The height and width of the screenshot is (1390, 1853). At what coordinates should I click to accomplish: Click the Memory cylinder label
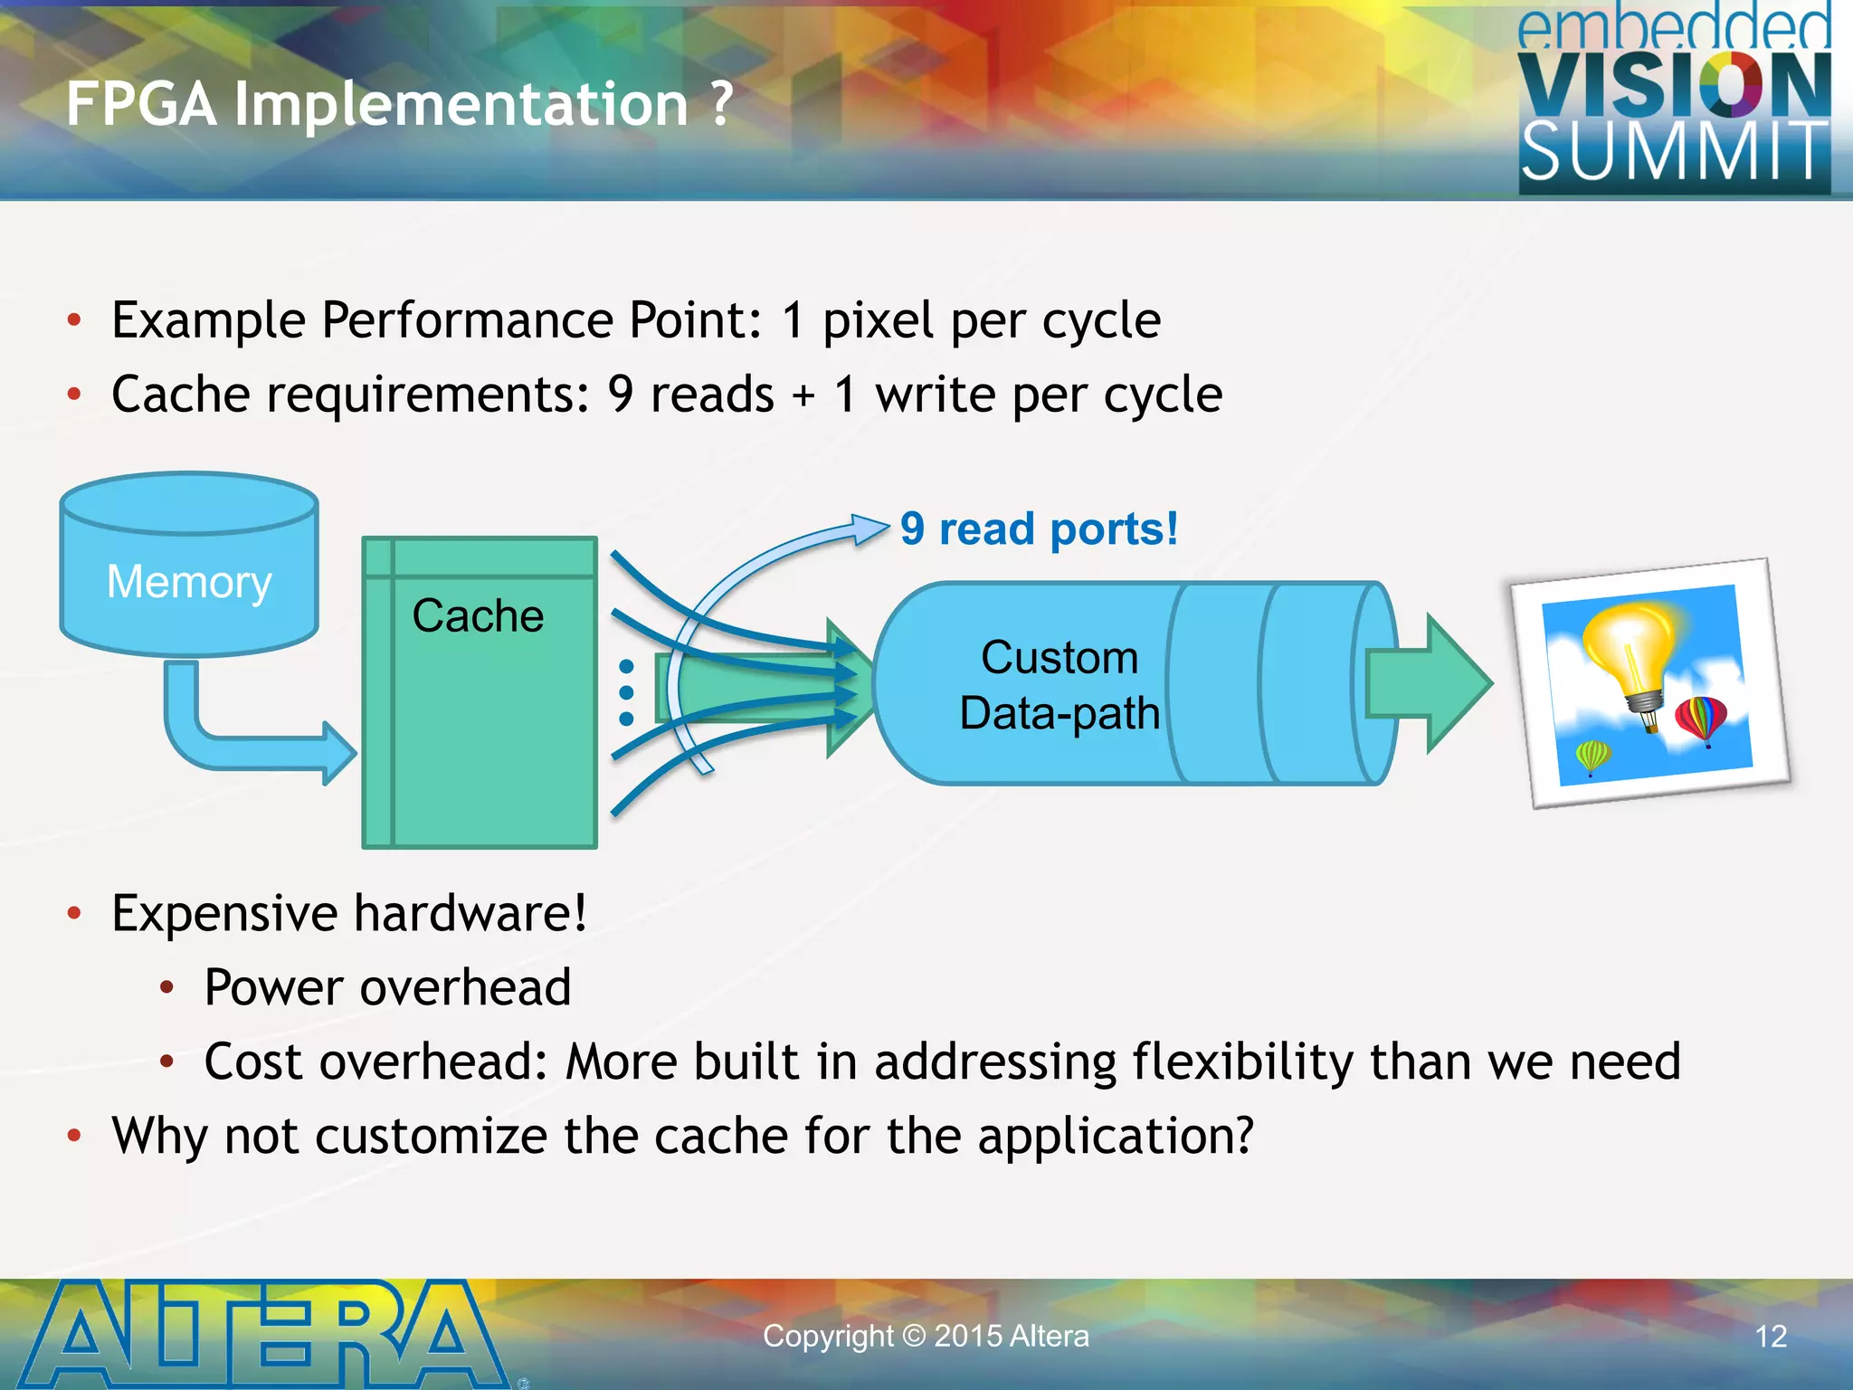coord(188,582)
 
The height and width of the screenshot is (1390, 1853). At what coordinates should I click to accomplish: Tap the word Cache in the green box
coord(478,616)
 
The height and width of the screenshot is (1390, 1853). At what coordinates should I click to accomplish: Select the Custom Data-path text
coord(1059,685)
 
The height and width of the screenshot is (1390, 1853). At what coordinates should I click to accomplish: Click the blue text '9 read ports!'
coord(1039,529)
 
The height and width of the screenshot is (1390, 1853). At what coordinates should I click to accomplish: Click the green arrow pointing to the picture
coord(1430,683)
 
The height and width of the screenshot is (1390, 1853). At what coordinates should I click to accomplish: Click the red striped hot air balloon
coord(1701,719)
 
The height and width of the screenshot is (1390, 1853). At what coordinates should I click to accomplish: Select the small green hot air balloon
coord(1592,756)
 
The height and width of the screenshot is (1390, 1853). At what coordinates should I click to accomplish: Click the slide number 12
coord(1771,1337)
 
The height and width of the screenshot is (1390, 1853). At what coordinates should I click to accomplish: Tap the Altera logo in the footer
coord(262,1335)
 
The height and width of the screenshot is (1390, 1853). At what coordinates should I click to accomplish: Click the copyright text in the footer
coord(926,1337)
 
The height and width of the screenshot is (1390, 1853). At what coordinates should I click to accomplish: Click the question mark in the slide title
coord(721,104)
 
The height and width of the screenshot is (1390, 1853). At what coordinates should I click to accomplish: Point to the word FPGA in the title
coord(140,104)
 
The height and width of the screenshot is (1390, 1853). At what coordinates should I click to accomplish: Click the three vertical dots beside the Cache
coord(626,692)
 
